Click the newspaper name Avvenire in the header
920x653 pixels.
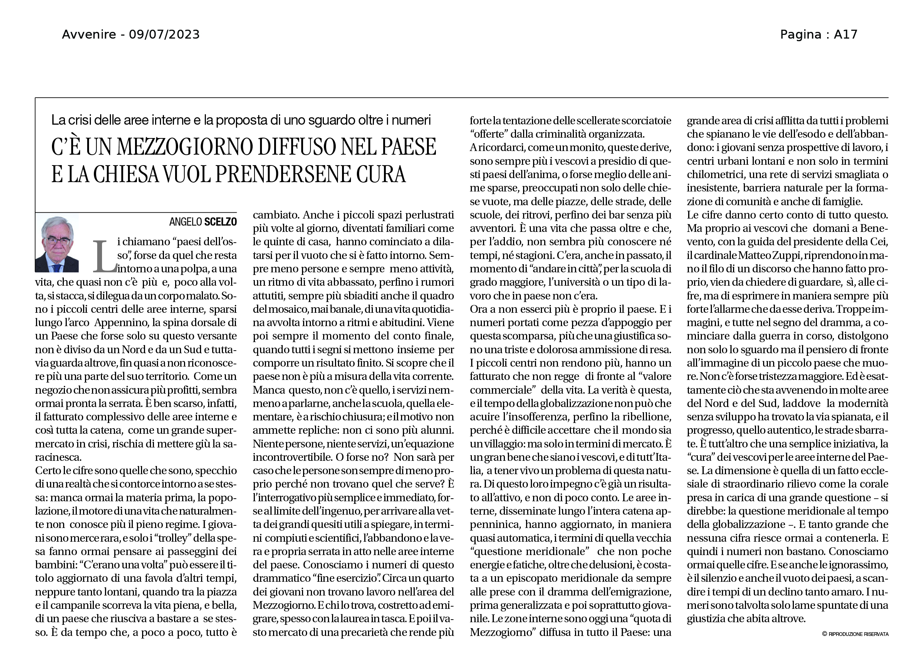point(88,35)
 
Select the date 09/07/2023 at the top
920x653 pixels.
point(164,35)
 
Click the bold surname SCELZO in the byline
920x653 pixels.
point(220,222)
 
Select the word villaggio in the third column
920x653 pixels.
point(497,444)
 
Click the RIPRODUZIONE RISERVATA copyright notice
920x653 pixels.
point(858,634)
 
